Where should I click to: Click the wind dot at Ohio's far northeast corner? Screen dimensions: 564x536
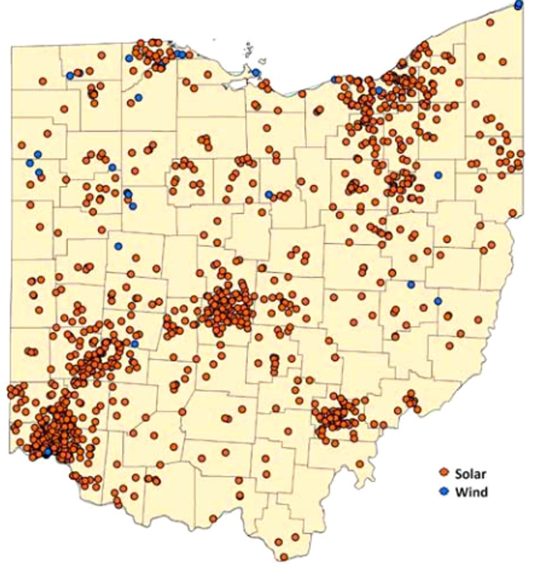pyautogui.click(x=518, y=5)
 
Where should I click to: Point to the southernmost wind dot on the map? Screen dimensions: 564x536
pyautogui.click(x=48, y=452)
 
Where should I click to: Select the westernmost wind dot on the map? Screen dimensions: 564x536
pyautogui.click(x=30, y=163)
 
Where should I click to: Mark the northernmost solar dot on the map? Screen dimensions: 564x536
pyautogui.click(x=491, y=22)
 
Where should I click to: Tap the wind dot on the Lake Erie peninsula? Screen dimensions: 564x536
pyautogui.click(x=256, y=72)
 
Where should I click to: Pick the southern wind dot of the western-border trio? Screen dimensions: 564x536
pyautogui.click(x=39, y=172)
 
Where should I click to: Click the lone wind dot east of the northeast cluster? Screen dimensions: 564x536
pyautogui.click(x=438, y=175)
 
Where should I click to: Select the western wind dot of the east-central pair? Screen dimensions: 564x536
pyautogui.click(x=411, y=284)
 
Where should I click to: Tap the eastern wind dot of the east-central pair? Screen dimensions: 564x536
pyautogui.click(x=438, y=301)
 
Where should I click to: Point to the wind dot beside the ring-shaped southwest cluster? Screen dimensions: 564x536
pyautogui.click(x=135, y=344)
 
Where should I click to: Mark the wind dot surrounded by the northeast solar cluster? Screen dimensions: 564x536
pyautogui.click(x=378, y=90)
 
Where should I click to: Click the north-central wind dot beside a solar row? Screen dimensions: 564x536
pyautogui.click(x=269, y=194)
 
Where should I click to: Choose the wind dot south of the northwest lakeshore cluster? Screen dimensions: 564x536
pyautogui.click(x=138, y=97)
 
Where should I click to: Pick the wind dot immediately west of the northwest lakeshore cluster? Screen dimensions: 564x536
pyautogui.click(x=129, y=58)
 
